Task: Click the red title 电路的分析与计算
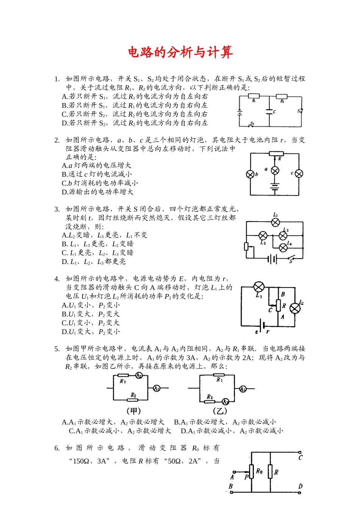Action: click(x=180, y=52)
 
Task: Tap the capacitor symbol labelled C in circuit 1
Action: click(x=269, y=111)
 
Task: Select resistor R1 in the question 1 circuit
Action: click(x=254, y=96)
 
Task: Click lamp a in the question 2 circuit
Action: click(x=275, y=170)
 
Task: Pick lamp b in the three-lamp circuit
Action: click(x=250, y=174)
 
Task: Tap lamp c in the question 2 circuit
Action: click(x=299, y=173)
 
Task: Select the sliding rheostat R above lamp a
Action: click(x=276, y=153)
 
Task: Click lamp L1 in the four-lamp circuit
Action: click(x=275, y=222)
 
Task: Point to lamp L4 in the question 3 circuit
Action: click(x=283, y=248)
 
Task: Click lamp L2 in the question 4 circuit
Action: click(x=295, y=308)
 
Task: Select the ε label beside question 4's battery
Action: click(x=257, y=332)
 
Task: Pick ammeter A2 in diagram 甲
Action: click(x=139, y=375)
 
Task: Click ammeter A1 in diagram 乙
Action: click(x=243, y=389)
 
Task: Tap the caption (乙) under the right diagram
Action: click(x=220, y=411)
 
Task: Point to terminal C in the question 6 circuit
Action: click(x=300, y=452)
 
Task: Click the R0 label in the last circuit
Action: click(x=259, y=471)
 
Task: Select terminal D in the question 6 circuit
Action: click(x=300, y=492)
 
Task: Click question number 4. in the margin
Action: click(x=57, y=279)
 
